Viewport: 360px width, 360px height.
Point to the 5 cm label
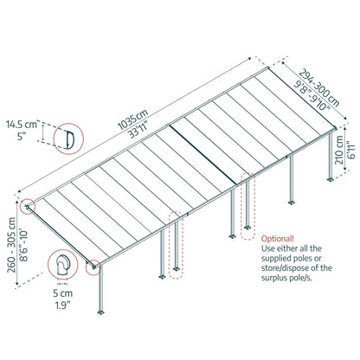pos(61,292)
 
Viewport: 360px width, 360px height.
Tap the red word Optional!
pos(280,237)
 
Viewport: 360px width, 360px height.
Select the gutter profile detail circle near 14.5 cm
pos(65,138)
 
